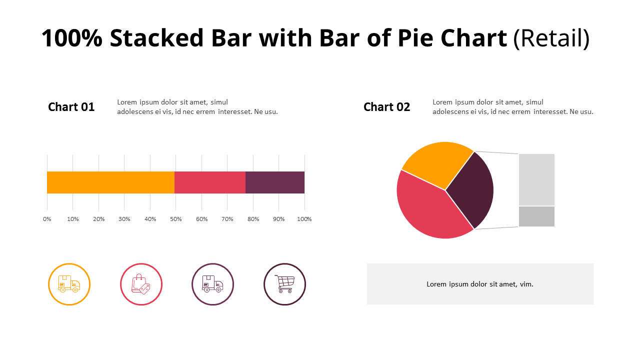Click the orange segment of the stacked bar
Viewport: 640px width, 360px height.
[x=110, y=182]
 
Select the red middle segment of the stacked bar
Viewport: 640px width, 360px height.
[x=210, y=182]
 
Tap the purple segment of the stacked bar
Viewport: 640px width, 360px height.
[x=275, y=182]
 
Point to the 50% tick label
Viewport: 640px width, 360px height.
[x=176, y=219]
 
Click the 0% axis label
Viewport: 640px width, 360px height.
[x=47, y=219]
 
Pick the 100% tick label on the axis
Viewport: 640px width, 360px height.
[x=304, y=219]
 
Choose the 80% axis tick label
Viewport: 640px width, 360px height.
[x=253, y=219]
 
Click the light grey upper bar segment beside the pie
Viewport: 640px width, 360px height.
[x=536, y=179]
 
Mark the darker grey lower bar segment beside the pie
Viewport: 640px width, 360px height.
[x=536, y=216]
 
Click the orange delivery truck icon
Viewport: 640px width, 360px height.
[x=69, y=284]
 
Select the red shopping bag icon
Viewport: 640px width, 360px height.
[x=141, y=284]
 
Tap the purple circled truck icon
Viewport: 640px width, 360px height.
[x=212, y=284]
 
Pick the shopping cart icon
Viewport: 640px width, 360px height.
[x=284, y=284]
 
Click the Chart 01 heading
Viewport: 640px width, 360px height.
[x=71, y=107]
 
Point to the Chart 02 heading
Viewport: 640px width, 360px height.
[x=386, y=107]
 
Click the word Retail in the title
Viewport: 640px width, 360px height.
[x=551, y=38]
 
